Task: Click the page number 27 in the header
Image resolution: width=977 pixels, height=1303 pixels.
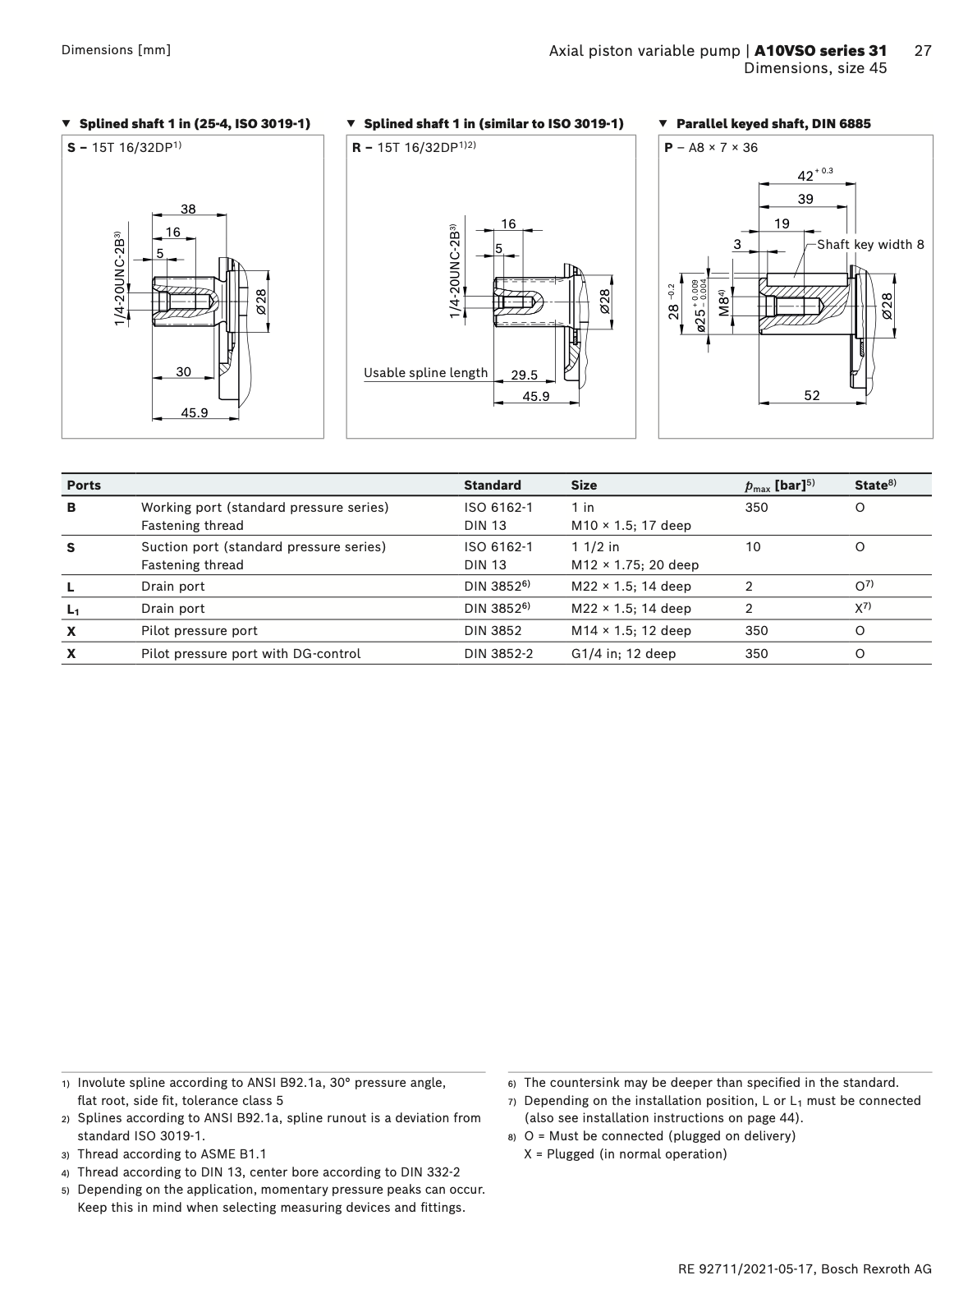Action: [x=923, y=51]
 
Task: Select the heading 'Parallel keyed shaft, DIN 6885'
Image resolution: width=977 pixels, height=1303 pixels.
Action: [x=773, y=124]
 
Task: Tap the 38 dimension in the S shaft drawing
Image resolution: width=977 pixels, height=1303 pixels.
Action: [x=188, y=209]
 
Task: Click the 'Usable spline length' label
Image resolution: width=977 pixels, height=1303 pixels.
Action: [x=425, y=373]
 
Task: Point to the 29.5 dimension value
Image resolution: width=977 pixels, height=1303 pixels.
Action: [x=524, y=375]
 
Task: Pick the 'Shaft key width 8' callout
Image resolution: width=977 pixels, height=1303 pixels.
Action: [x=870, y=245]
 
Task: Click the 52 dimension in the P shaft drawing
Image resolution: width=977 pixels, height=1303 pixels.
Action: [x=811, y=396]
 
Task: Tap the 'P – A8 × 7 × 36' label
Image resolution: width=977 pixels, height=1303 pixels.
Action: [x=711, y=148]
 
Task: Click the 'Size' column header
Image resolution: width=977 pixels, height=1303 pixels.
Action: [x=584, y=485]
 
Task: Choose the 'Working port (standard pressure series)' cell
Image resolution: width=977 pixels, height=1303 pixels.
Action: [x=264, y=508]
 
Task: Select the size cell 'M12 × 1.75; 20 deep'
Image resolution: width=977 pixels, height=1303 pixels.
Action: [x=635, y=565]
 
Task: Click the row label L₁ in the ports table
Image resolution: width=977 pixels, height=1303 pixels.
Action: [x=73, y=610]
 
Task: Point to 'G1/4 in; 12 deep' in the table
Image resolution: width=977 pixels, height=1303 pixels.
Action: [x=623, y=654]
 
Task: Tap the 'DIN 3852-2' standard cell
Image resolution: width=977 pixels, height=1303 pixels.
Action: [x=498, y=654]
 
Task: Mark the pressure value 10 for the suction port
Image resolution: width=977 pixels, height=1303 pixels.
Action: [x=753, y=547]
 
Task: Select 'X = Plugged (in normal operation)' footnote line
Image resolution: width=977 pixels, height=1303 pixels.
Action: [x=625, y=1154]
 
